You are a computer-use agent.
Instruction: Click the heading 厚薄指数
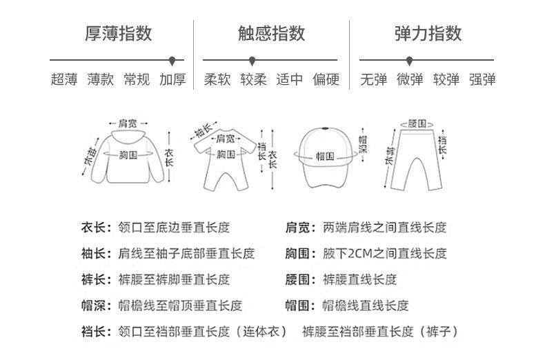click(118, 33)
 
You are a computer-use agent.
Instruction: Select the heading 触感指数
click(271, 33)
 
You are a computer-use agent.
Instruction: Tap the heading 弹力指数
click(428, 33)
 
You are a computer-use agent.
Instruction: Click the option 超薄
click(64, 79)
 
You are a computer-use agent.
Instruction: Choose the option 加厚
click(172, 79)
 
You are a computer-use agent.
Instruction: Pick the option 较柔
click(253, 79)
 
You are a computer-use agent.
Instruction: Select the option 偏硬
click(326, 79)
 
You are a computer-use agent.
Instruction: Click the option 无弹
click(373, 79)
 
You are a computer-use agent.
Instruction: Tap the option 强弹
click(482, 79)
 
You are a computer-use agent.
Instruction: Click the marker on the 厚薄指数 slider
click(172, 61)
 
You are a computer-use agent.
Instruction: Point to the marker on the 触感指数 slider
click(252, 61)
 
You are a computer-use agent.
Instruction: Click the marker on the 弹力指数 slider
click(410, 61)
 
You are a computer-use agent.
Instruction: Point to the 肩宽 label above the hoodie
click(128, 123)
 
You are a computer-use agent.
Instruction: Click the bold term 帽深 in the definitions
click(93, 306)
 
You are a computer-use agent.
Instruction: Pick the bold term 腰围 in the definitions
click(298, 279)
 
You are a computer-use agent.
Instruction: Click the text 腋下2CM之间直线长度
click(384, 253)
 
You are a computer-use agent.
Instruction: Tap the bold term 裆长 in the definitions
click(93, 332)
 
